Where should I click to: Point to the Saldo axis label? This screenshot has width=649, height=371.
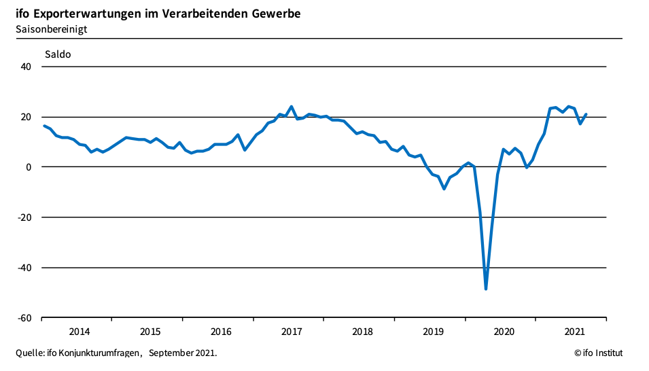pos(58,54)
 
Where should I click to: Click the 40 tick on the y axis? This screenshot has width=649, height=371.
pos(27,67)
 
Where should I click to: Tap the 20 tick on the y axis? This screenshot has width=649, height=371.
pos(27,117)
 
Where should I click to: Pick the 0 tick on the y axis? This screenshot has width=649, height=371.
pos(29,167)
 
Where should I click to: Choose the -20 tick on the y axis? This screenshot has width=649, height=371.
pos(24,217)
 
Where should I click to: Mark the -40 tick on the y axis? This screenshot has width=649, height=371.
pos(24,268)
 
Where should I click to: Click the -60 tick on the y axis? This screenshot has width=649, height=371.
pos(24,318)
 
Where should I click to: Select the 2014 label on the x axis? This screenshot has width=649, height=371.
pos(80,332)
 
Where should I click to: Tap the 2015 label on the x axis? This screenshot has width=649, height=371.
pos(150,332)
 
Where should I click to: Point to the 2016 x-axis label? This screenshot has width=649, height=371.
pos(221,332)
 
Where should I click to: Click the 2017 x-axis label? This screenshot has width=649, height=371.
pos(292,332)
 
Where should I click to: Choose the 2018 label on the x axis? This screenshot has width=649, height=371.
pos(362,332)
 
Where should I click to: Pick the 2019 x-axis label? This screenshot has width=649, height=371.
pos(433,332)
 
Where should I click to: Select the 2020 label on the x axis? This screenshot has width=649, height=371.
pos(504,332)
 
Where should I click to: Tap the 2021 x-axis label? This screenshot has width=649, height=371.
pos(574,332)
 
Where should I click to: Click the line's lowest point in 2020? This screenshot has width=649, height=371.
pos(486,289)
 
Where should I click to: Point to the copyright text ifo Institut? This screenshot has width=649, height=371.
pos(598,353)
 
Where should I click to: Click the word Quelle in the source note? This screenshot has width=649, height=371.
pos(29,353)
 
